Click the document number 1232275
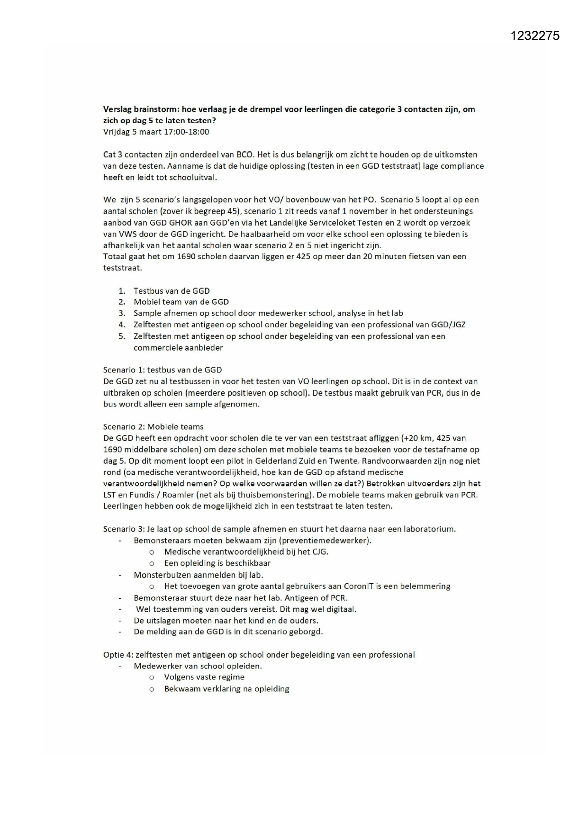click(x=535, y=36)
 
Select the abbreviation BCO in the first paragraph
click(x=244, y=154)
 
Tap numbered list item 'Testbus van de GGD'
click(x=172, y=290)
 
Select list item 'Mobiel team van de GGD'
click(x=181, y=302)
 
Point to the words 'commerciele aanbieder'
click(x=178, y=347)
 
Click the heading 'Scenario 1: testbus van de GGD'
click(x=163, y=370)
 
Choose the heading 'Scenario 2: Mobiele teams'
click(x=153, y=427)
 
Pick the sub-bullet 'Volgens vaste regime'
click(x=204, y=677)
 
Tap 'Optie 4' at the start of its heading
click(x=118, y=655)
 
